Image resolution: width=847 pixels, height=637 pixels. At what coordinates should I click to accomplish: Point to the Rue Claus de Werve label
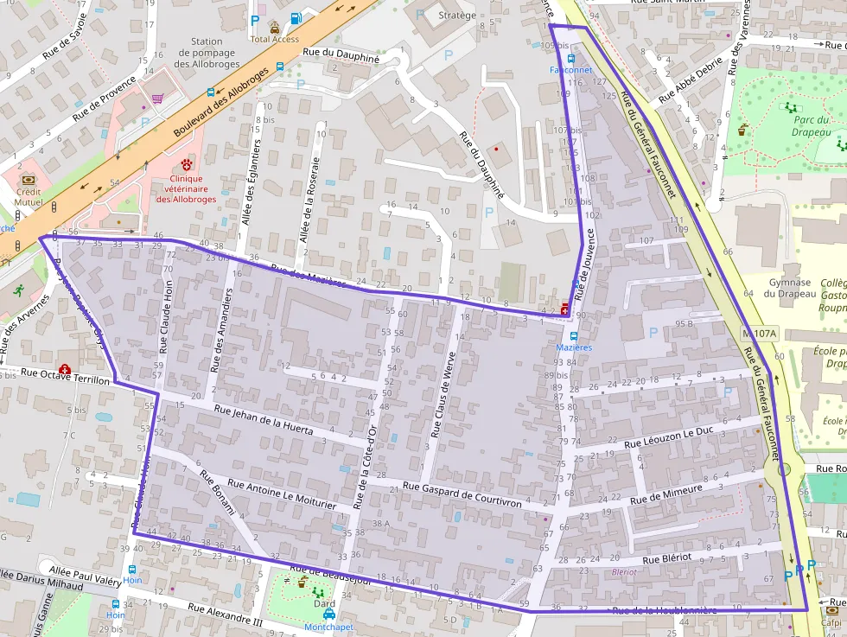(x=442, y=393)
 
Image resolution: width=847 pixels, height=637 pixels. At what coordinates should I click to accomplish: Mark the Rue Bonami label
(x=217, y=493)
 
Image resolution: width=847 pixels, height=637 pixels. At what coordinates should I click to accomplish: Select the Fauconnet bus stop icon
(x=570, y=58)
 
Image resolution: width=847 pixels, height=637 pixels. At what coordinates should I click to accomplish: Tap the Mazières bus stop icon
(x=571, y=335)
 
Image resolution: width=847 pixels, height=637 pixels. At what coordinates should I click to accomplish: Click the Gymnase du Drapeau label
(x=788, y=288)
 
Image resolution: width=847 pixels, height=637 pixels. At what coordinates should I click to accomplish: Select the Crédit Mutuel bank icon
(x=27, y=179)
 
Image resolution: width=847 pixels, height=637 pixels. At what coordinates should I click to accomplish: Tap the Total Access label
(x=274, y=39)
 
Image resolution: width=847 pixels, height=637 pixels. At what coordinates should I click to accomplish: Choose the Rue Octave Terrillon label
(x=66, y=377)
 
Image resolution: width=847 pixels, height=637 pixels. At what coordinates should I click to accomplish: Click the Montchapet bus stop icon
(x=329, y=614)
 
